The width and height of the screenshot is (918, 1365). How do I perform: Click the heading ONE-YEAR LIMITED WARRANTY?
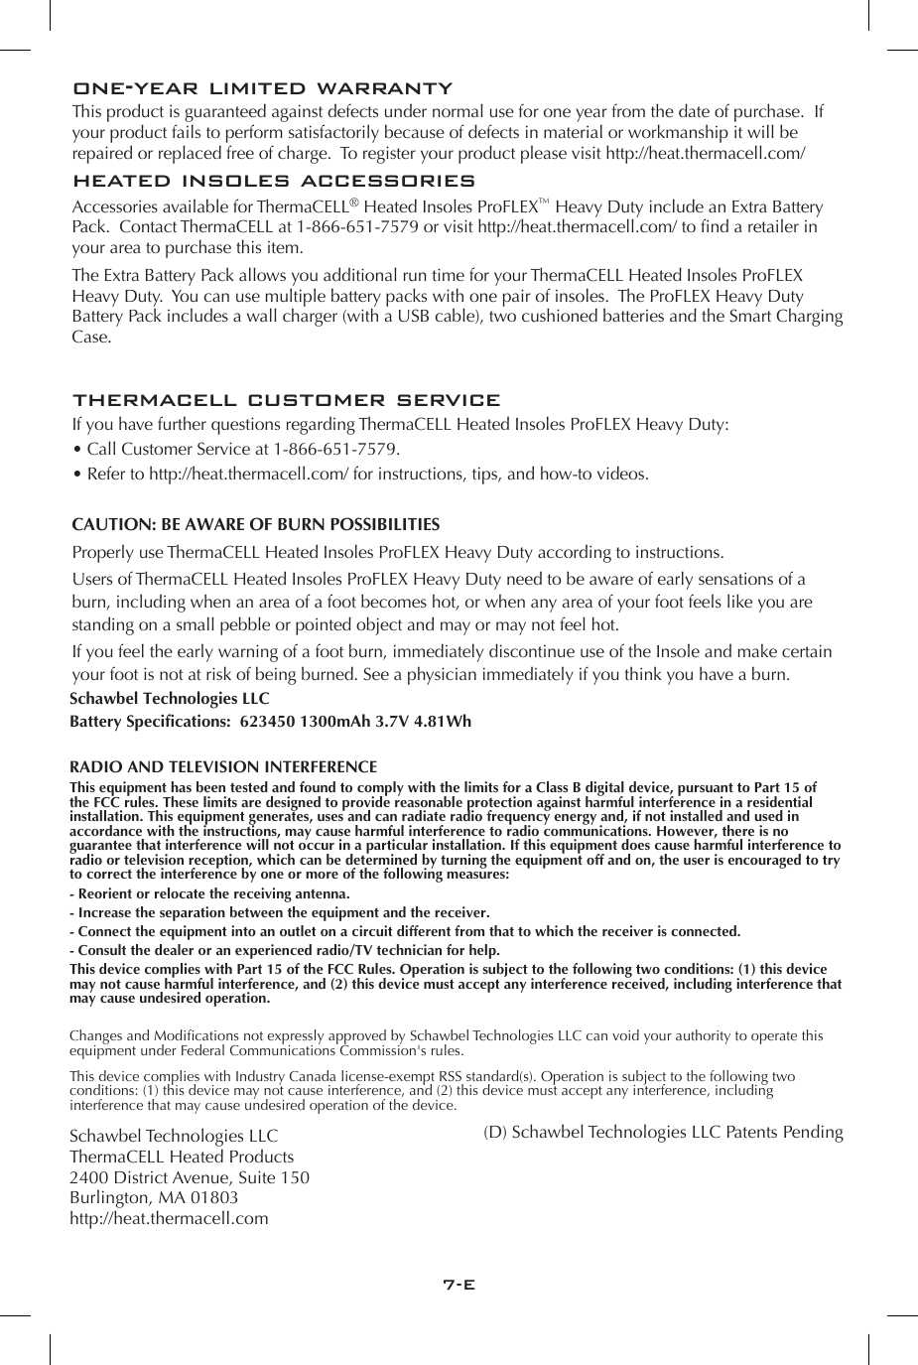tap(263, 88)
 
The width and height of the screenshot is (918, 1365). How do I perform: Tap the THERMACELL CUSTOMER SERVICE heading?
tap(287, 400)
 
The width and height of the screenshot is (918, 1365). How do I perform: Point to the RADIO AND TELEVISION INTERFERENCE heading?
tap(223, 767)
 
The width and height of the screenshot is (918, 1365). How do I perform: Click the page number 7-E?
tap(459, 1284)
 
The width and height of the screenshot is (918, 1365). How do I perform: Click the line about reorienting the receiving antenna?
tap(209, 893)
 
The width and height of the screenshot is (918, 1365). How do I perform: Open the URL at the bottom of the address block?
tap(169, 1218)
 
